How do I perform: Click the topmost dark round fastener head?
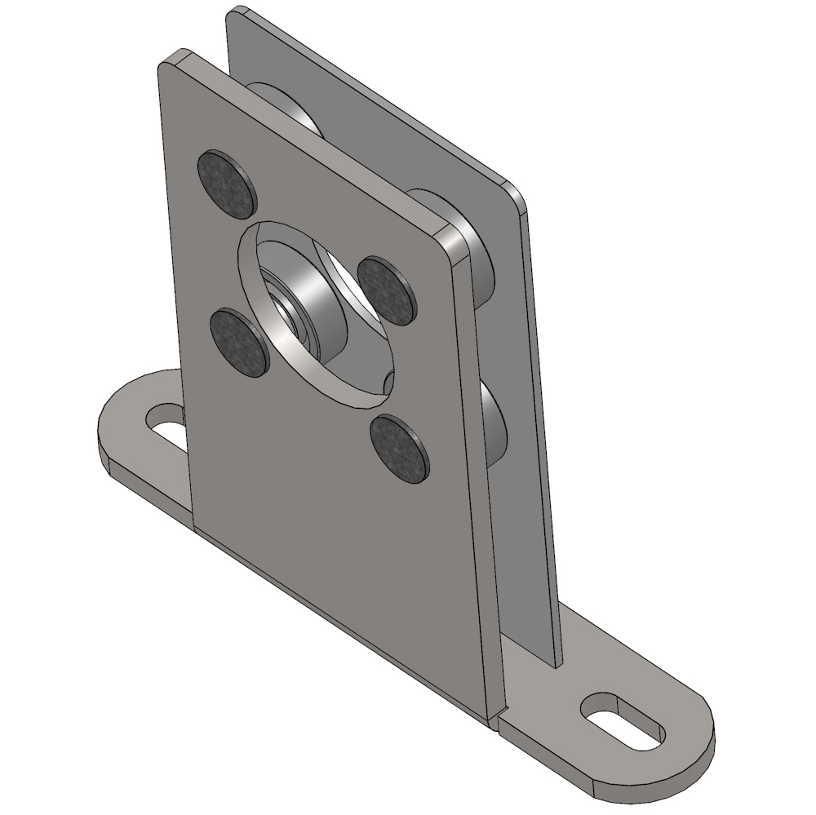coord(227,184)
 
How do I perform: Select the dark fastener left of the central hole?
coord(237,343)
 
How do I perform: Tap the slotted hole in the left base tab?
coord(167,424)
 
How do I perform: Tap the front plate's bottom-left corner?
coord(196,525)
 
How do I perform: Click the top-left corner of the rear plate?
coord(232,13)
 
